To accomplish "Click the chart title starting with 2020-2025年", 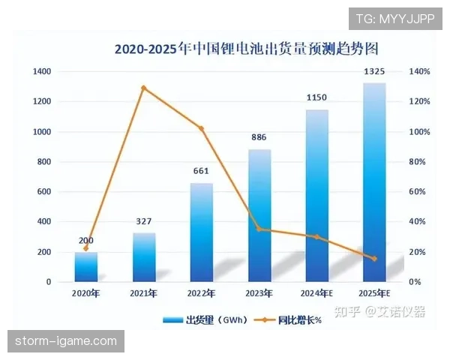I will tap(246, 49).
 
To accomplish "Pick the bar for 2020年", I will tap(86, 267).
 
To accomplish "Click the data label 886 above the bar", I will tap(259, 137).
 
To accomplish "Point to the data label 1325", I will tap(374, 71).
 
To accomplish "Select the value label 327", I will tap(144, 221).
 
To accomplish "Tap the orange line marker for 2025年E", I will tap(374, 259).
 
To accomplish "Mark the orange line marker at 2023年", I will tap(259, 229).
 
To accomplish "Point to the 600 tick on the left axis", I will tap(43, 192).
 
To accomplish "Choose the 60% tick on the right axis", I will tap(416, 192).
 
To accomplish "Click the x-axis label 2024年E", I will tap(316, 293).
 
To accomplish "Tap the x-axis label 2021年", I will tap(144, 293).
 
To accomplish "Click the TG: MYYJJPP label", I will tap(394, 18).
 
